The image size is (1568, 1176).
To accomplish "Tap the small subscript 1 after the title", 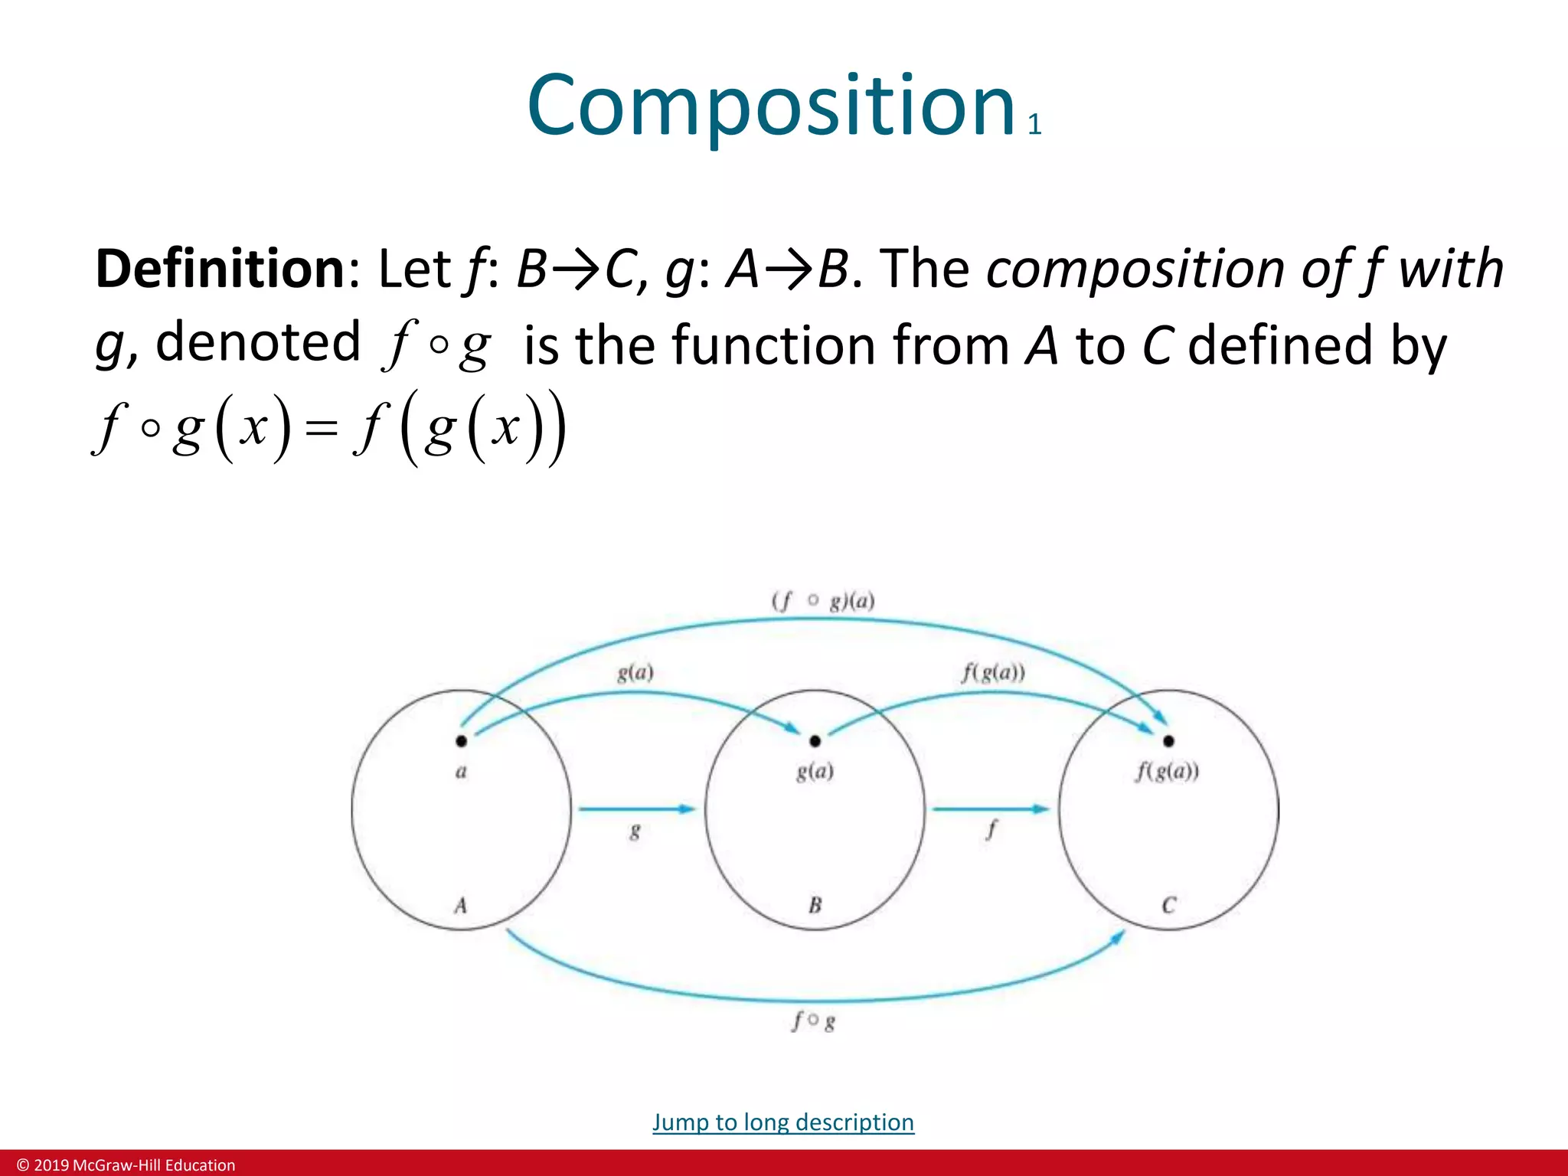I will [1034, 125].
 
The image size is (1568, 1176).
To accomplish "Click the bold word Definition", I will [220, 269].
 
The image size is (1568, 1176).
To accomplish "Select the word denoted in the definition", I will [257, 341].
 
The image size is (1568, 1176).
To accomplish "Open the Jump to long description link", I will [782, 1122].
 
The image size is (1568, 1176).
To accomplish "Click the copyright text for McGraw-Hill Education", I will [126, 1165].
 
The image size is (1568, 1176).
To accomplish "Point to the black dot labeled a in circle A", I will [461, 740].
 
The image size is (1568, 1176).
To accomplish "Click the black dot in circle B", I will [815, 740].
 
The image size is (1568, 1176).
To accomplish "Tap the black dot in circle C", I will [1168, 740].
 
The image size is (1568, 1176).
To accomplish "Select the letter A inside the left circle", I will [460, 906].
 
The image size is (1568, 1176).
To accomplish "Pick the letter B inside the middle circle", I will [815, 906].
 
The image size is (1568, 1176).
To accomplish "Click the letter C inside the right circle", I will [1168, 906].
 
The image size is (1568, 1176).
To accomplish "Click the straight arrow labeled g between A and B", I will [635, 808].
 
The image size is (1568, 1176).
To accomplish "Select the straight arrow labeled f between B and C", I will [990, 808].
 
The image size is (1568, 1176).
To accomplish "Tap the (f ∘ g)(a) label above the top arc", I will [823, 601].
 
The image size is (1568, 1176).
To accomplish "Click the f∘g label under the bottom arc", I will [814, 1021].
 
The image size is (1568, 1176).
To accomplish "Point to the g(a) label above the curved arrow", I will [635, 673].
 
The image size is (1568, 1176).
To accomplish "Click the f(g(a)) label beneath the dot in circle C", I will [1168, 772].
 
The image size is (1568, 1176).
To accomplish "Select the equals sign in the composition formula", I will [321, 429].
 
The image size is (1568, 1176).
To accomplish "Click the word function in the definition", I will [773, 345].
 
